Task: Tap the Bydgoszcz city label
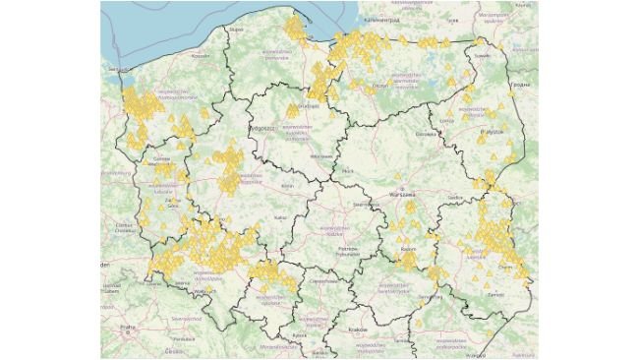(x=262, y=128)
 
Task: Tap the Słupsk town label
(x=235, y=30)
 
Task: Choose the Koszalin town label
(x=201, y=56)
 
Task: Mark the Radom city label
(x=409, y=252)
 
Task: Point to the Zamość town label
(x=497, y=294)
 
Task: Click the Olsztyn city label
(x=381, y=87)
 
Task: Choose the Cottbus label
(x=125, y=226)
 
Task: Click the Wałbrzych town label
(x=204, y=292)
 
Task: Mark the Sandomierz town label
(x=430, y=296)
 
